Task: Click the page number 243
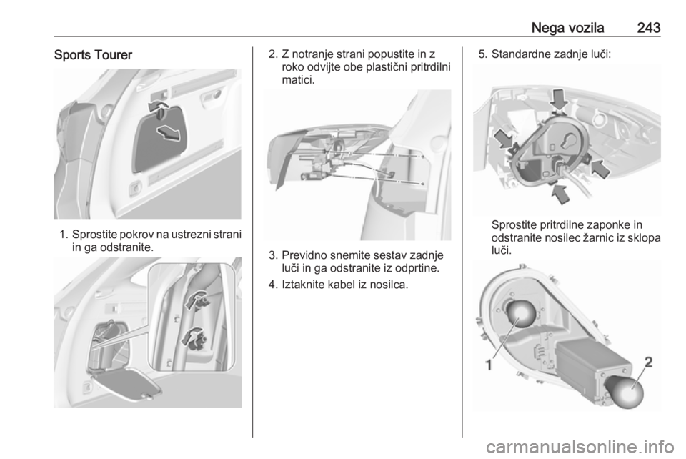pyautogui.click(x=648, y=28)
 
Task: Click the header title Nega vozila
pyautogui.click(x=567, y=28)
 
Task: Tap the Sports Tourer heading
pyautogui.click(x=93, y=55)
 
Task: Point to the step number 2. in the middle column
pyautogui.click(x=273, y=54)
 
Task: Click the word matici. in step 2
pyautogui.click(x=298, y=81)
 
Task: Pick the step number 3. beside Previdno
pyautogui.click(x=273, y=255)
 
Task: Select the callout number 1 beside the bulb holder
pyautogui.click(x=489, y=365)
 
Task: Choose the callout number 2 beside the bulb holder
pyautogui.click(x=649, y=362)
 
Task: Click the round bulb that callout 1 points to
pyautogui.click(x=521, y=317)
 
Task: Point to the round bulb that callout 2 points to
pyautogui.click(x=625, y=392)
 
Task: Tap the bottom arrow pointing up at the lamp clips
pyautogui.click(x=560, y=193)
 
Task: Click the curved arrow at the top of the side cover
pyautogui.click(x=158, y=107)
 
